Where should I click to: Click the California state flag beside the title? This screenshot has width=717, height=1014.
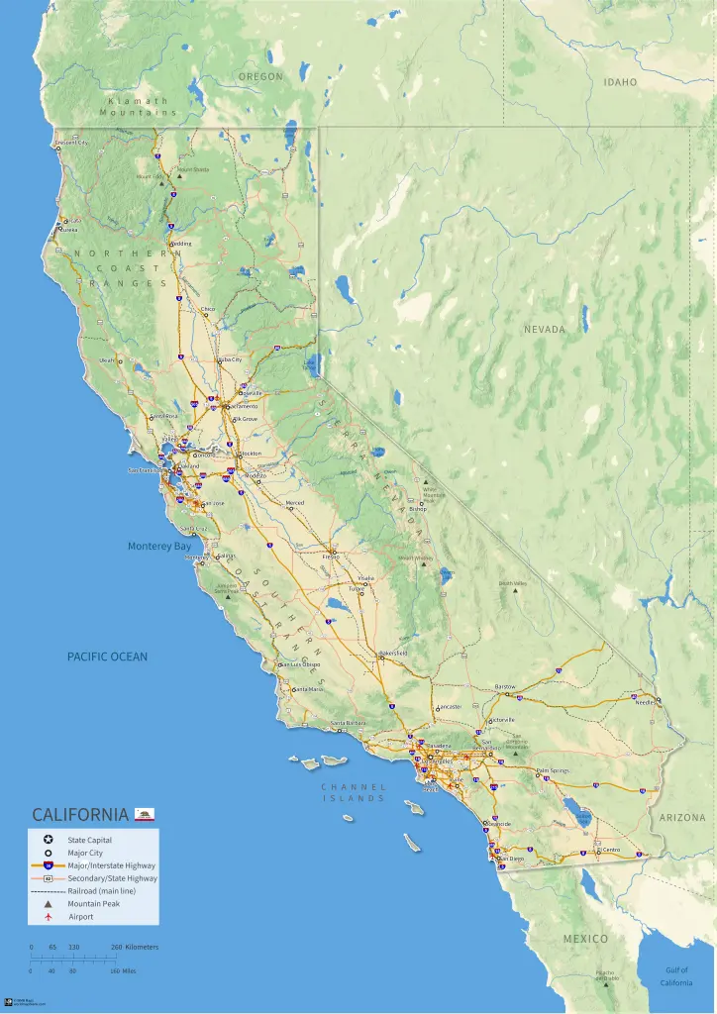[x=145, y=814]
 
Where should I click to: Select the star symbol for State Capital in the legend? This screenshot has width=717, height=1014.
[x=48, y=840]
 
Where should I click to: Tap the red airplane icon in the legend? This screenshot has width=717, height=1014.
[x=48, y=916]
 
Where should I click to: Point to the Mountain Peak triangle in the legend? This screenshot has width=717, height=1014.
[x=48, y=903]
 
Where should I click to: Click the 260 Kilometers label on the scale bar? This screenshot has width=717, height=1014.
[x=134, y=947]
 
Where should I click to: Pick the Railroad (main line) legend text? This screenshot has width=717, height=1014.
[x=102, y=890]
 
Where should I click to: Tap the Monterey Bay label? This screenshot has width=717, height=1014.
[x=159, y=546]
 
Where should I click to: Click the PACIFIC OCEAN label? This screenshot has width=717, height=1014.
[x=107, y=657]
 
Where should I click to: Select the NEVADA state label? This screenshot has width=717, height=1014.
[x=545, y=329]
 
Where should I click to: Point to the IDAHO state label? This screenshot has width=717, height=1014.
[x=621, y=82]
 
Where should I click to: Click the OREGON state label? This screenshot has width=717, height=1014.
[x=260, y=76]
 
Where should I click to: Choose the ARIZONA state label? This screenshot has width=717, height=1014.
[x=682, y=818]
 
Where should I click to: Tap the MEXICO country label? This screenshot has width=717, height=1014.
[x=586, y=938]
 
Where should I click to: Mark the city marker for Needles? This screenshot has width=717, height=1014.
[x=658, y=700]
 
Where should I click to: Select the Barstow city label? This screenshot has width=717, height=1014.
[x=505, y=686]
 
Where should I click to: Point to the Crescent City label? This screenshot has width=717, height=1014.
[x=72, y=143]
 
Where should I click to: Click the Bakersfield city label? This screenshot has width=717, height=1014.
[x=393, y=654]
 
